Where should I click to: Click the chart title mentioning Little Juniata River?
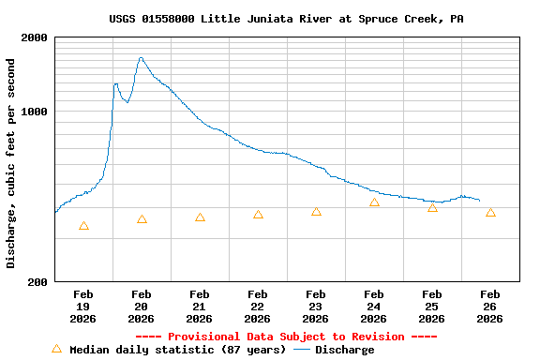point(286,19)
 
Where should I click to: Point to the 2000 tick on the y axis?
point(36,37)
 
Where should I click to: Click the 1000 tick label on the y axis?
point(36,112)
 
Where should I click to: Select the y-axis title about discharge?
point(11,163)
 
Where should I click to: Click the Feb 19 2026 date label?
point(83,307)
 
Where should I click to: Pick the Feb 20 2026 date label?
point(142,307)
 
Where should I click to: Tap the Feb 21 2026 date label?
point(200,307)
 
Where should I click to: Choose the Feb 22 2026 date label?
point(258,307)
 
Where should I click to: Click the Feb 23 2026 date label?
point(316,307)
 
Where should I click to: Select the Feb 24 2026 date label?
point(374,307)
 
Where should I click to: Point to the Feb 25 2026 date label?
point(432,307)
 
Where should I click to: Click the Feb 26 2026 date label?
point(490,307)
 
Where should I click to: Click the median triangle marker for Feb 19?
point(83,226)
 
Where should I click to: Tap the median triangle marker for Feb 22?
point(258,215)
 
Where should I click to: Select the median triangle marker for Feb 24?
point(374,202)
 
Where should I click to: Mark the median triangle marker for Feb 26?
point(490,213)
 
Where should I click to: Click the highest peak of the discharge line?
point(141,58)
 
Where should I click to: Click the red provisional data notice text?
point(286,337)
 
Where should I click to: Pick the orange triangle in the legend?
point(56,349)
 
